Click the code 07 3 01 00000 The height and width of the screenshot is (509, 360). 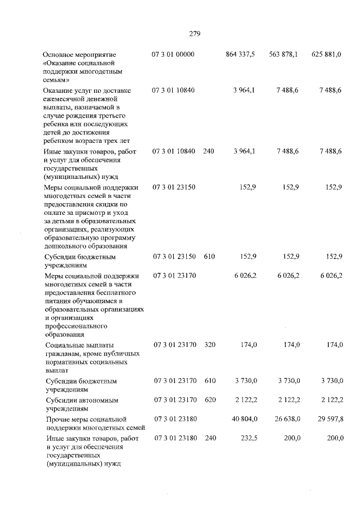(173, 54)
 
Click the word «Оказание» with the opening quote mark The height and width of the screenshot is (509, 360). (60, 64)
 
